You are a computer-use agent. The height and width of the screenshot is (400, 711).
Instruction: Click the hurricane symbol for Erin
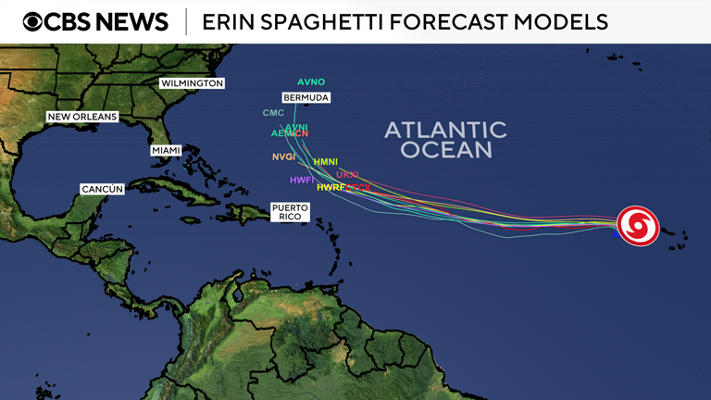[638, 226]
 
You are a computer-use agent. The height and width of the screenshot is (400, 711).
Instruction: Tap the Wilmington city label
[193, 83]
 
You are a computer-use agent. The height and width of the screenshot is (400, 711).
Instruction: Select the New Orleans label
[82, 117]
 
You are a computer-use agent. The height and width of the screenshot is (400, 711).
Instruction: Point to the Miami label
[166, 150]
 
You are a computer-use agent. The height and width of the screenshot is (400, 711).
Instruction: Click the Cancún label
[102, 189]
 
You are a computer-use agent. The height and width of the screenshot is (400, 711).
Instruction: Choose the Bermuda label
[306, 97]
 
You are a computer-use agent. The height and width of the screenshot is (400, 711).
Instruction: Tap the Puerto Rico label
[290, 211]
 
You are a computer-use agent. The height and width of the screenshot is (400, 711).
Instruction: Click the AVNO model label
[311, 82]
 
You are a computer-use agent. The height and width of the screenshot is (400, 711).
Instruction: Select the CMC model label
[273, 113]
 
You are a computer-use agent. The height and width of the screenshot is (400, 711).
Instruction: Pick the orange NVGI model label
[283, 156]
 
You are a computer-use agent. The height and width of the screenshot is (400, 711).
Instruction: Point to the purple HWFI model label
[302, 180]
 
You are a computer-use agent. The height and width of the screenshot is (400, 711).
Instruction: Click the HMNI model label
[325, 162]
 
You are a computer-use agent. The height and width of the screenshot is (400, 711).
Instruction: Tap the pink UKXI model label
[347, 174]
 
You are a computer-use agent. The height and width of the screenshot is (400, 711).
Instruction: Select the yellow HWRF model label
[331, 187]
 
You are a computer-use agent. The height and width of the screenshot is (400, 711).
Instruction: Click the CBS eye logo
[33, 21]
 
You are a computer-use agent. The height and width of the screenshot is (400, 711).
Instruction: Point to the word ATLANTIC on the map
[445, 130]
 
